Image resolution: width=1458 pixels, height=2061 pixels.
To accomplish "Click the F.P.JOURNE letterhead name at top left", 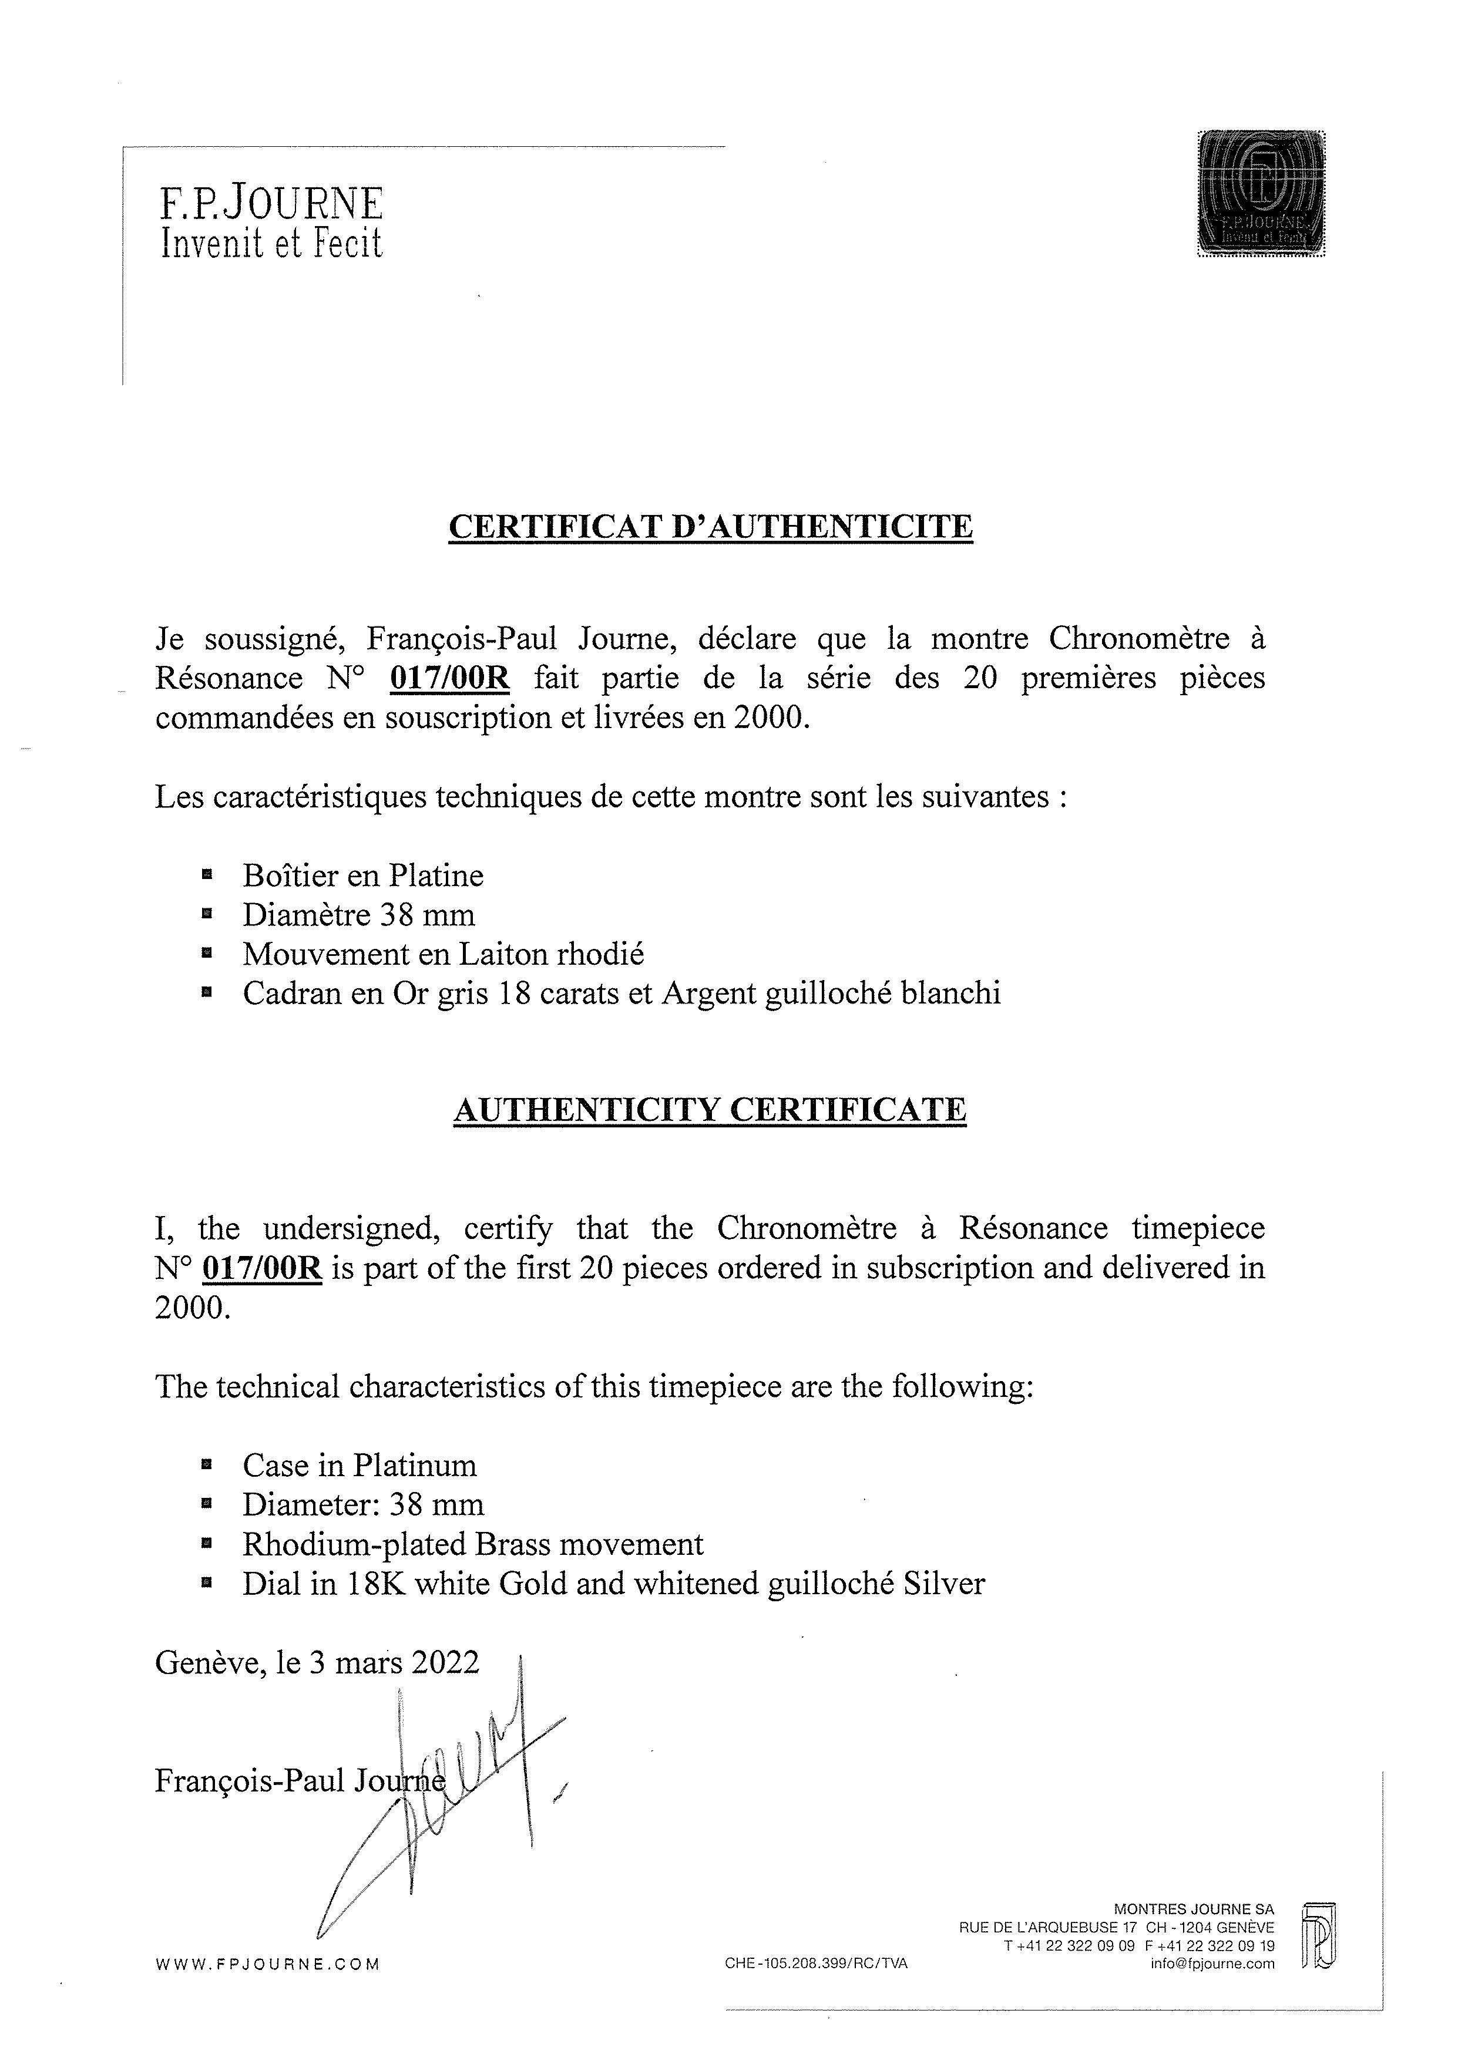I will pos(271,205).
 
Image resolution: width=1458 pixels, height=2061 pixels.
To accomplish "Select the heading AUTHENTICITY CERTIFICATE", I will pos(710,1110).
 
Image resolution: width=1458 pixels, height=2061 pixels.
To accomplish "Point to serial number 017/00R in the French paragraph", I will pos(450,678).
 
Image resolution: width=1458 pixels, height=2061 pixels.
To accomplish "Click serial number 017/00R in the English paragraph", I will pos(262,1268).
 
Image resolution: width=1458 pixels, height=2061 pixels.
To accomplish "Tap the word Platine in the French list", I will pos(436,875).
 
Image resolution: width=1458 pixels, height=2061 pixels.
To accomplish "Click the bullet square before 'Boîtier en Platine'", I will pos(207,873).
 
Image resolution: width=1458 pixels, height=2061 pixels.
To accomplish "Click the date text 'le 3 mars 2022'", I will pos(378,1662).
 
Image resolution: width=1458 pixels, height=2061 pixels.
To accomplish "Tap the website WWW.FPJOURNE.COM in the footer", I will pos(267,1964).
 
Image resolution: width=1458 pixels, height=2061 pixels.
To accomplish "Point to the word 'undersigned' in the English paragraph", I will pos(351,1228).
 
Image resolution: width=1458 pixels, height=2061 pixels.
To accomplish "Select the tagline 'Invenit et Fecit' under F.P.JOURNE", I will pos(271,243).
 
